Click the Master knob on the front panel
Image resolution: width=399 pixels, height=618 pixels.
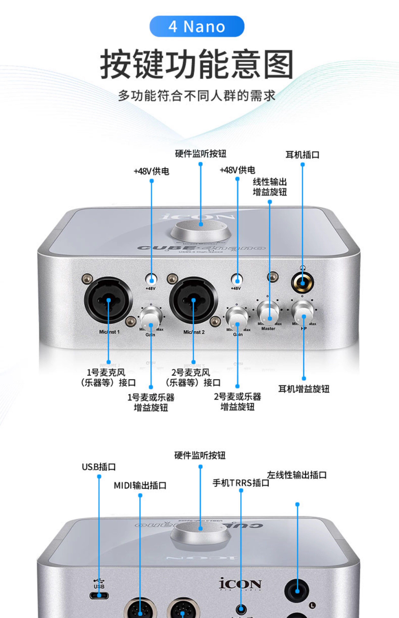(268, 311)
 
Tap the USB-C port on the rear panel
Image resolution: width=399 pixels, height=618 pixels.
(99, 596)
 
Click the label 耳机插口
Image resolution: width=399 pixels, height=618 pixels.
(302, 155)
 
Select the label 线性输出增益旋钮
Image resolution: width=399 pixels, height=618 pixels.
(270, 187)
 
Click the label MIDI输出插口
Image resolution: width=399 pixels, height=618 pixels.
(140, 485)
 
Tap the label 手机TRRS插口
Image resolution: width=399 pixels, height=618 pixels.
(241, 483)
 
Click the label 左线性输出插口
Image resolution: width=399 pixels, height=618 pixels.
(297, 475)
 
